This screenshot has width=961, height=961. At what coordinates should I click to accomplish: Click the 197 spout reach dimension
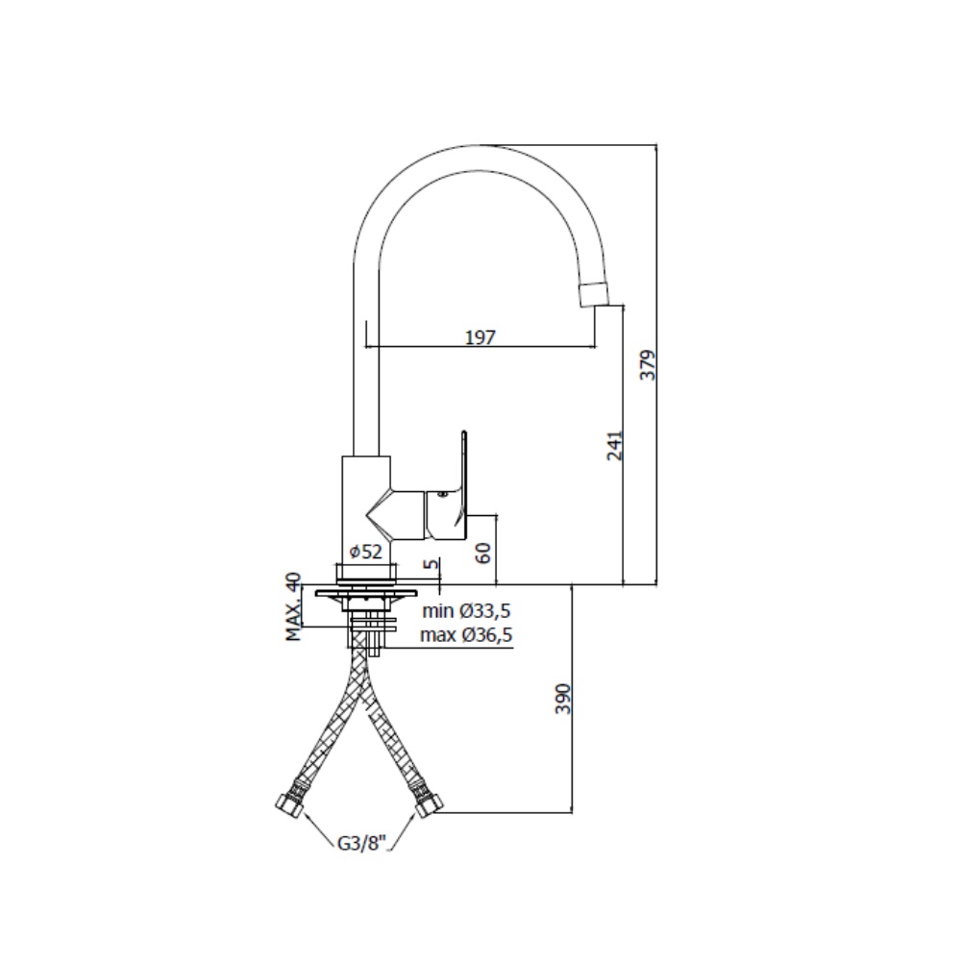click(480, 336)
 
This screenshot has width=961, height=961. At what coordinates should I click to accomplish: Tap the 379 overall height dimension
click(647, 364)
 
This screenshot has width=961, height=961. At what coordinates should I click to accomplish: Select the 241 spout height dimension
click(614, 446)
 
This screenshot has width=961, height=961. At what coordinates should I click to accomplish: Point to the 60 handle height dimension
click(483, 553)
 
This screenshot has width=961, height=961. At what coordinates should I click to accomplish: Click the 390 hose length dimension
click(562, 699)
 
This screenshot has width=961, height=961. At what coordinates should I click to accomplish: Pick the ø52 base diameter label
click(366, 552)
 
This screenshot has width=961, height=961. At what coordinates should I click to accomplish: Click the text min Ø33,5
click(466, 611)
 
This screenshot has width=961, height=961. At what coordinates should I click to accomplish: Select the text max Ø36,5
click(466, 635)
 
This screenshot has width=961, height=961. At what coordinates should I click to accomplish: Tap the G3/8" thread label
click(363, 844)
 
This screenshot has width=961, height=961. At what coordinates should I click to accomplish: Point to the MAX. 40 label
click(294, 606)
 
